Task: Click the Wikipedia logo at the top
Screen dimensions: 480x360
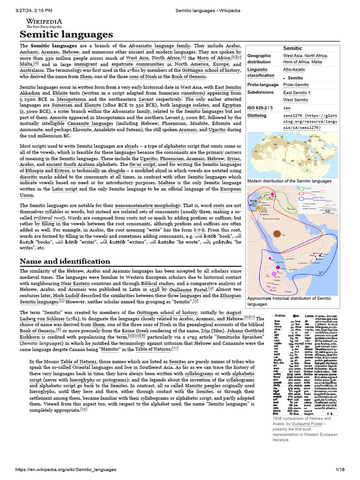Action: (44, 23)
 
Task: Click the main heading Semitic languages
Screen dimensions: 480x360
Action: (66, 35)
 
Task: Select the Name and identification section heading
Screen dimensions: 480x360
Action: (65, 261)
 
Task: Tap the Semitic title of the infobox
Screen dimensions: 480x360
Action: (293, 48)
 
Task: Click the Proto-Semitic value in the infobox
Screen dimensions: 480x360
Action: (296, 85)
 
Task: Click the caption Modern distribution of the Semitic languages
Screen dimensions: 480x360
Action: (289, 181)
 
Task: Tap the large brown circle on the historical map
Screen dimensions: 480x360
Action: (277, 234)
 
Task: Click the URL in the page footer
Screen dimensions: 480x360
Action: (66, 469)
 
